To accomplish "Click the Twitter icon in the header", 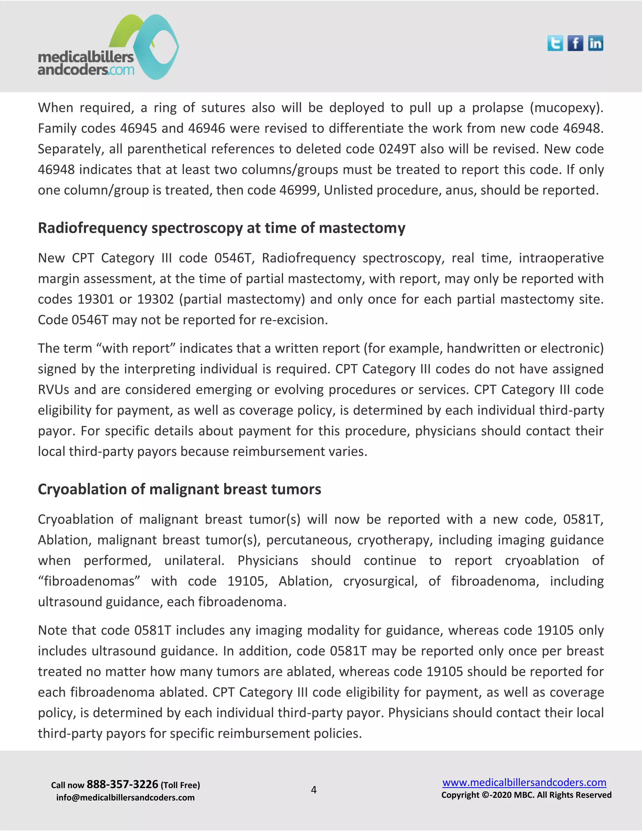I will click(x=555, y=43).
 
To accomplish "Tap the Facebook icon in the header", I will click(x=575, y=43).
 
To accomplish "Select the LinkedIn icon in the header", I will click(x=595, y=43).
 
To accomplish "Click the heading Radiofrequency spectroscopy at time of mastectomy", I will click(x=221, y=228).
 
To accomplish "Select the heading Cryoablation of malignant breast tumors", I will click(x=179, y=489).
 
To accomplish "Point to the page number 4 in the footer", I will click(x=313, y=790).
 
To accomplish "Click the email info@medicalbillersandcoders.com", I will click(x=125, y=797).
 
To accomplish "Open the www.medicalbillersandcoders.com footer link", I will click(x=524, y=782).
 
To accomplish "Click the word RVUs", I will click(x=54, y=389).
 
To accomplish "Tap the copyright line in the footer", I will click(x=526, y=795).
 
